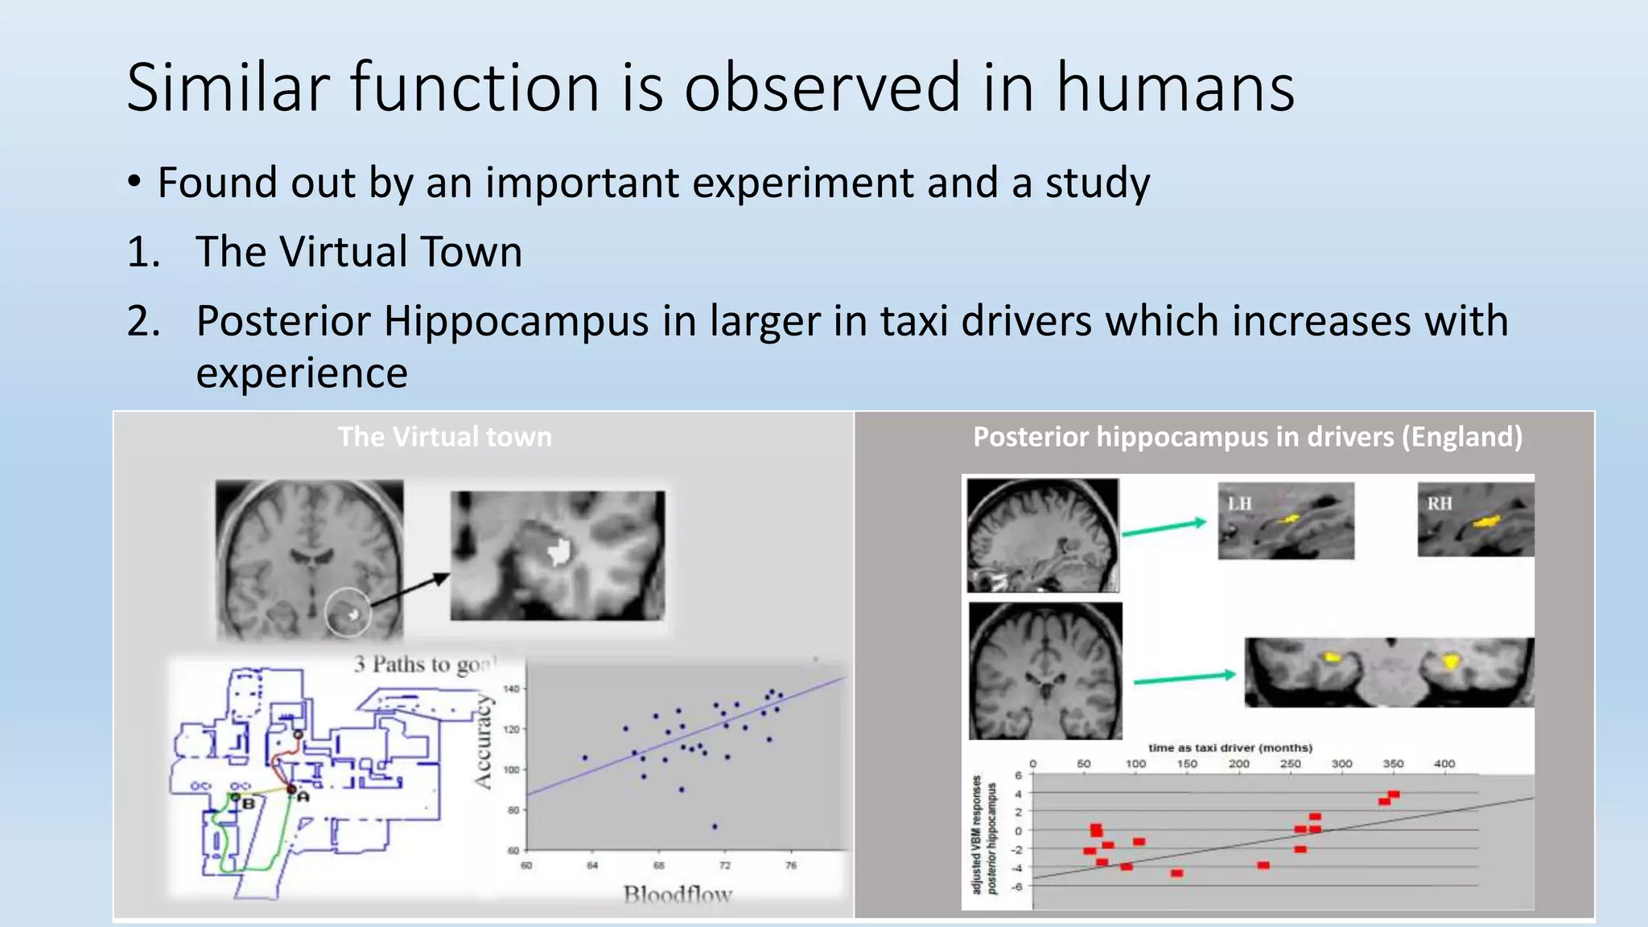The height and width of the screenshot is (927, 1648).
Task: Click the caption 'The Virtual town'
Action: click(x=444, y=437)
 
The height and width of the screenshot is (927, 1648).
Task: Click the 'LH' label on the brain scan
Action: click(x=1239, y=504)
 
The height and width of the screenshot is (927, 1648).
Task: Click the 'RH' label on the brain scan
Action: click(x=1440, y=504)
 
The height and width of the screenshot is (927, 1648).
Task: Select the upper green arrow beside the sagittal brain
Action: click(x=1164, y=528)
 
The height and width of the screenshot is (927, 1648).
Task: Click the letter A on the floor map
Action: click(x=303, y=797)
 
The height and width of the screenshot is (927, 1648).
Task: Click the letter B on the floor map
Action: click(x=249, y=803)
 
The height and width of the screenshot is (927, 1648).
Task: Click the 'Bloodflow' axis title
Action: click(x=678, y=894)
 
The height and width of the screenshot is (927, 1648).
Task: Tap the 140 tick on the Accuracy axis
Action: click(x=512, y=689)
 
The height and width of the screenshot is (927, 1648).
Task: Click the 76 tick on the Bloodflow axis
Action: click(x=791, y=865)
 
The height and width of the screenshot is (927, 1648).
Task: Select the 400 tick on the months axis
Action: click(x=1444, y=764)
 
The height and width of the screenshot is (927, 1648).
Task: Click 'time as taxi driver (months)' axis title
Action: click(x=1230, y=748)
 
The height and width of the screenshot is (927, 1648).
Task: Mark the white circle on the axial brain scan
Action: click(x=348, y=612)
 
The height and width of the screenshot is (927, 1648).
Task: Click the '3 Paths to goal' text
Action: click(x=424, y=665)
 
